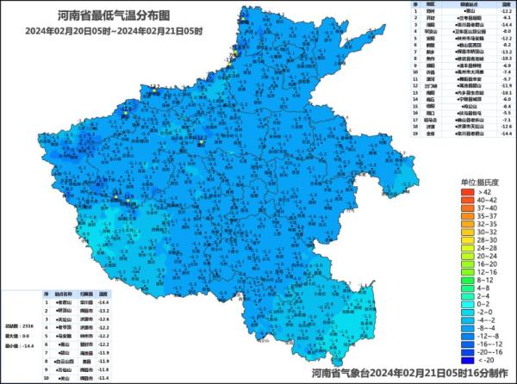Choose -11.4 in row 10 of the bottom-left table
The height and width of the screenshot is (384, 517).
click(103, 376)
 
